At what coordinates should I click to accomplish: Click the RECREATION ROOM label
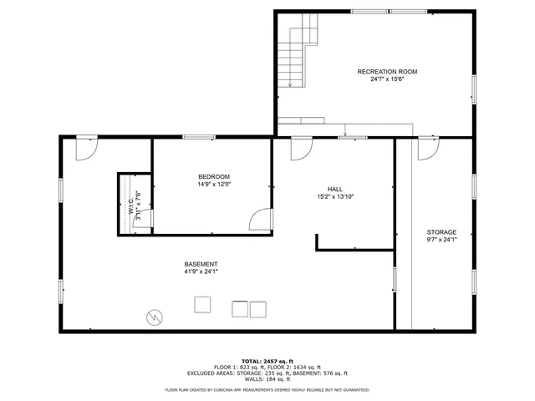[387, 72]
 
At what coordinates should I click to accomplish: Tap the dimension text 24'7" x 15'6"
[387, 79]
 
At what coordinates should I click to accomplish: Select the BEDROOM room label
[213, 176]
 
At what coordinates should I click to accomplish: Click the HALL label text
[335, 190]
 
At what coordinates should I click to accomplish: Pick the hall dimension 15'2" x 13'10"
[335, 197]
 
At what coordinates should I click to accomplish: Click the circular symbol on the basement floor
[155, 317]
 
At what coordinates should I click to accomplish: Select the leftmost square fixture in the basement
[202, 305]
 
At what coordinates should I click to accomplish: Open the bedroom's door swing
[261, 220]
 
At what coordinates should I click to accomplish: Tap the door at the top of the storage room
[426, 149]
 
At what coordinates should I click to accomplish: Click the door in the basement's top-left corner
[85, 149]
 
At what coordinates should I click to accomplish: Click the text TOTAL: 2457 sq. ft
[267, 360]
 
